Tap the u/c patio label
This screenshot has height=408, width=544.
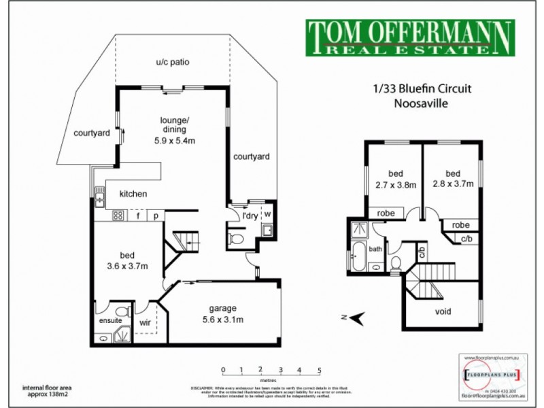(x=172, y=63)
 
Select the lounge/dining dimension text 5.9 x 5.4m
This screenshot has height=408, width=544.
(x=174, y=141)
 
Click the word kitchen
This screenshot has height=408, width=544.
(x=134, y=194)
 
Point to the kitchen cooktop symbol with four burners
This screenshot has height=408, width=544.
(x=117, y=216)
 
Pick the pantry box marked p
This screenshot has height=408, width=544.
(x=156, y=216)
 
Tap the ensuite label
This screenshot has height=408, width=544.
(x=110, y=320)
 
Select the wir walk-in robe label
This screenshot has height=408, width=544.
(x=145, y=323)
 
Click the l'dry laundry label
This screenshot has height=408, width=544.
(x=250, y=216)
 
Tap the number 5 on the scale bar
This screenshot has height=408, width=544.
(x=319, y=370)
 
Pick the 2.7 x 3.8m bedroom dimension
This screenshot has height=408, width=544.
(x=396, y=184)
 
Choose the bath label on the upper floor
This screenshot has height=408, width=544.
(x=376, y=249)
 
